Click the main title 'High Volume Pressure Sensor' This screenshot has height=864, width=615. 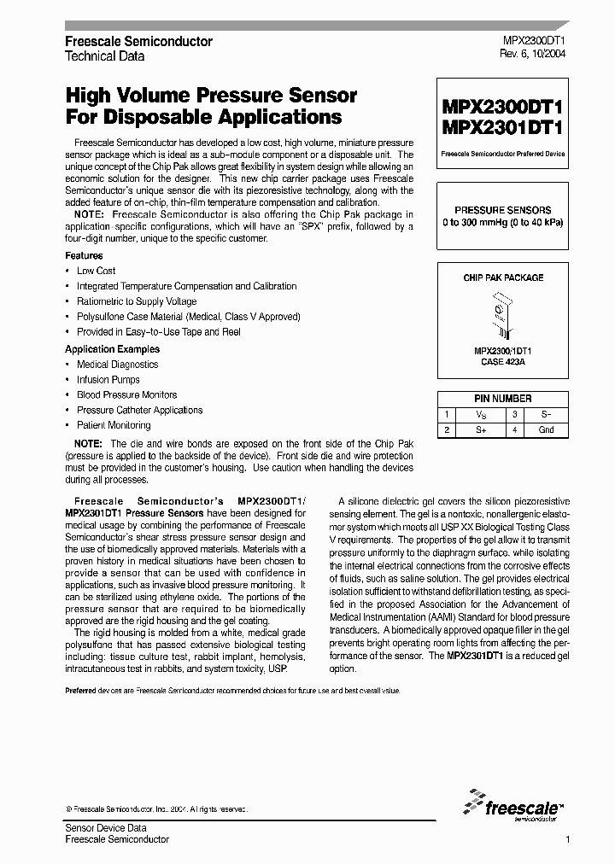click(211, 96)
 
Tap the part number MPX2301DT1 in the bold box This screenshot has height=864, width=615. click(502, 128)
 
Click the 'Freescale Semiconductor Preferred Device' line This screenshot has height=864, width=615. click(502, 155)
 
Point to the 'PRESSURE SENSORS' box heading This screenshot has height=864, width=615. click(502, 209)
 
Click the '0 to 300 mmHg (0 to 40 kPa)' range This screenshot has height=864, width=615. click(502, 222)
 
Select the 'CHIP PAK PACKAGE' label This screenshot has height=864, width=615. click(502, 278)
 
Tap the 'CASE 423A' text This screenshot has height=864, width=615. click(502, 361)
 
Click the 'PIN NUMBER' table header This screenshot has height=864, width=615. click(502, 399)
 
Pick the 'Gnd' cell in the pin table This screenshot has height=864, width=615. click(546, 429)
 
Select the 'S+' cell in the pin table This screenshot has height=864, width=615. click(481, 429)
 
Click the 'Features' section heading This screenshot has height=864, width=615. click(84, 255)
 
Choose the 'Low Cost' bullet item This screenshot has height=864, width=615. click(96, 271)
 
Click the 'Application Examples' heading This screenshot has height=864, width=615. click(112, 349)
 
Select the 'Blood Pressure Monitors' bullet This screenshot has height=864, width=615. click(126, 394)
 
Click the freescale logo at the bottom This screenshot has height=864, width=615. click(512, 805)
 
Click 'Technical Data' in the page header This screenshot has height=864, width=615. click(105, 55)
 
